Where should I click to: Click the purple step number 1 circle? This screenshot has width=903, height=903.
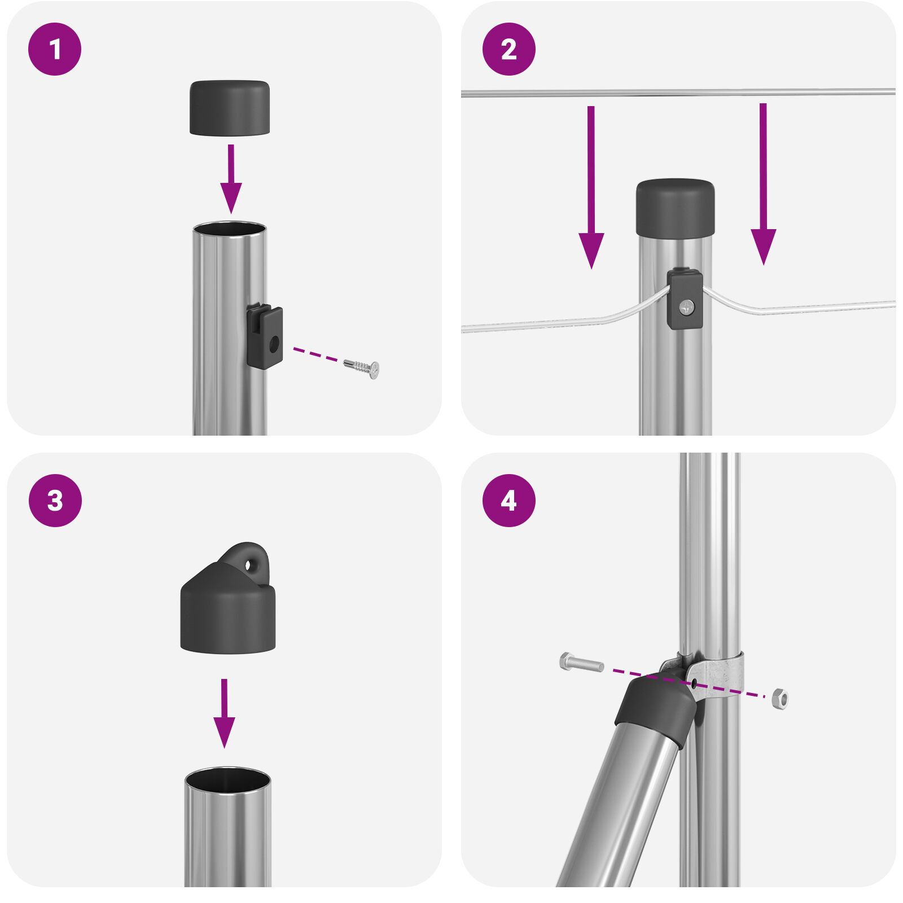tap(55, 49)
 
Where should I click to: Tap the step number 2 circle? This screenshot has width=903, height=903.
tap(509, 49)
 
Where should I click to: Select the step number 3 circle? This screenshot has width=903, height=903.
tap(55, 501)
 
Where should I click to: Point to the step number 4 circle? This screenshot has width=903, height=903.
tap(509, 501)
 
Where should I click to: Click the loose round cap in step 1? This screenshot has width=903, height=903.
tap(229, 108)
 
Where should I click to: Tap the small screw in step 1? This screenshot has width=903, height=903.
tap(362, 367)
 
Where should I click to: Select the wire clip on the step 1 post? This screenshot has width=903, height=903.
tap(265, 337)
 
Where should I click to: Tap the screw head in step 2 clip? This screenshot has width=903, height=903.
tap(687, 307)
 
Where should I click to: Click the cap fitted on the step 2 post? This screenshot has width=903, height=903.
tap(674, 208)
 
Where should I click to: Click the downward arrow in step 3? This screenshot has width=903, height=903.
tap(224, 714)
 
